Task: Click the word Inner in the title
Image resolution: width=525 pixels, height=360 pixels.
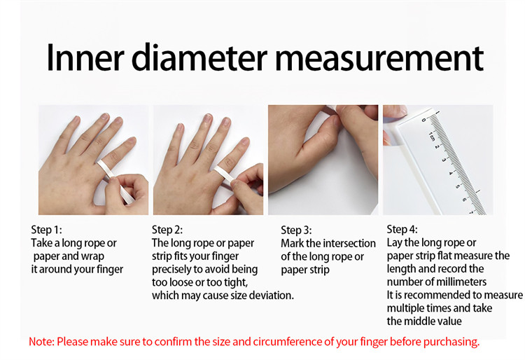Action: pos(85,57)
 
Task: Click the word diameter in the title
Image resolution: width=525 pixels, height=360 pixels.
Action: pos(199,57)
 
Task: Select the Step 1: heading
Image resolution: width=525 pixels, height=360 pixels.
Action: pos(46,230)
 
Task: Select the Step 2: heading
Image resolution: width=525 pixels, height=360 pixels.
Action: pos(167,230)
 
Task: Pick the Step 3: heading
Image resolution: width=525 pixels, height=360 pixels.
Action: pos(296,230)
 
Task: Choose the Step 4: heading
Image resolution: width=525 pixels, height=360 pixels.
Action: pos(402,230)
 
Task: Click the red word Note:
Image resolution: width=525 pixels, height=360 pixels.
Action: pos(41,342)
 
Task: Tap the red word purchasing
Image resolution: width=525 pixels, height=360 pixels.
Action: pos(451,342)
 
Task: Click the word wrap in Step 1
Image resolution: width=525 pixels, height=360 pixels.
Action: pos(92,256)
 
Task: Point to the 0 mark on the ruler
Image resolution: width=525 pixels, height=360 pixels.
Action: pos(424,120)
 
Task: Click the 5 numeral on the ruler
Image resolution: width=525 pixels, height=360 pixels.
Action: pos(457,186)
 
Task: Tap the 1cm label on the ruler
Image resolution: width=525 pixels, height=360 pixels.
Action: pos(432,137)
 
